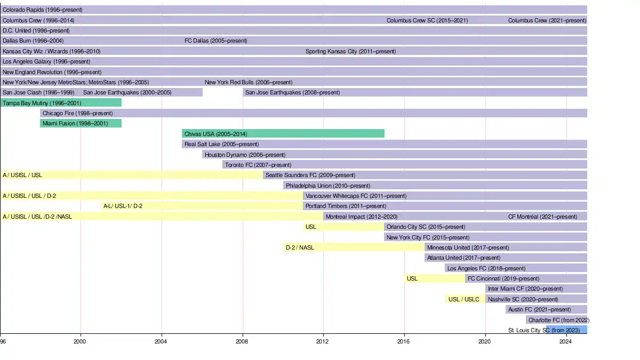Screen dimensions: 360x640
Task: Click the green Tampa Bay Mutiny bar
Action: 61,103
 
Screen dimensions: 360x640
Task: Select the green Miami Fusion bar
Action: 81,123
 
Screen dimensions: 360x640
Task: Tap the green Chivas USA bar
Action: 283,133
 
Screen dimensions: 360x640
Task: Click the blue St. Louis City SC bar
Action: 566,330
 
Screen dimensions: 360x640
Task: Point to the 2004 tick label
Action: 162,341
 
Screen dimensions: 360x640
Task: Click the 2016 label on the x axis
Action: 404,341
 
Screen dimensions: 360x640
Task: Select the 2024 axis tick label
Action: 566,341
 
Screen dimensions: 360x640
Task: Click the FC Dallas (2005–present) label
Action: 215,41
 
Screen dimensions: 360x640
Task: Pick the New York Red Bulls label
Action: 248,83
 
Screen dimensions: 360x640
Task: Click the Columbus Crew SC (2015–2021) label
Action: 427,21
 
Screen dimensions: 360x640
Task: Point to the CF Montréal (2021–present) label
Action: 542,217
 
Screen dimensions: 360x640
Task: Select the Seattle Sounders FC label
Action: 310,175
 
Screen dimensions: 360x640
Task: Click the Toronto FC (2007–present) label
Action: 258,165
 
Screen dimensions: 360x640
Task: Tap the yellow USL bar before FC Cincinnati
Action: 434,278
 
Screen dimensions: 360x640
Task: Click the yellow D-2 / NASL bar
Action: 354,247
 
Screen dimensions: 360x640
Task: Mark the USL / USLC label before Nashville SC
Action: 463,299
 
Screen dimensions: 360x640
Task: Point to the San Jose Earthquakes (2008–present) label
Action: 292,93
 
